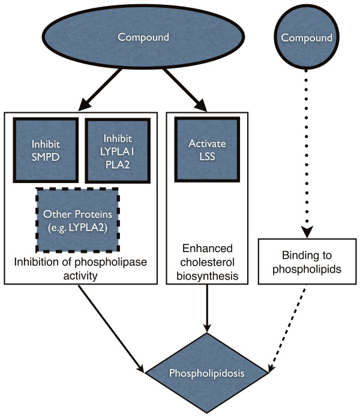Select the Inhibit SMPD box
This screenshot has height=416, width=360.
46,150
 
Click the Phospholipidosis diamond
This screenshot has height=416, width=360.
208,373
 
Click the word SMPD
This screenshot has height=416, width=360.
46,156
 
